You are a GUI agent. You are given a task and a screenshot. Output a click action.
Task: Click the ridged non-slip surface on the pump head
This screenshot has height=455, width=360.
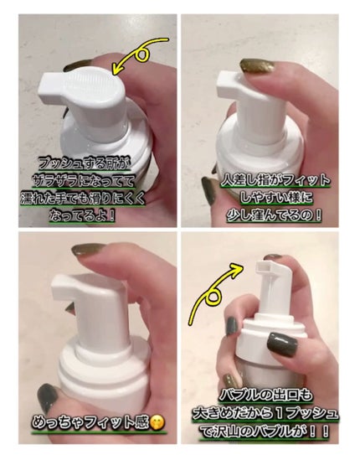89,83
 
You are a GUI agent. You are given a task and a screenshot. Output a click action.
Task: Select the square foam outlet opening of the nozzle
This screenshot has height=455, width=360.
264,266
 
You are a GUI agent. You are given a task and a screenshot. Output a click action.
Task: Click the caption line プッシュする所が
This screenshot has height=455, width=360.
83,164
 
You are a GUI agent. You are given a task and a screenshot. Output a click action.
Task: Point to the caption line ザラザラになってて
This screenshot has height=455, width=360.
84,181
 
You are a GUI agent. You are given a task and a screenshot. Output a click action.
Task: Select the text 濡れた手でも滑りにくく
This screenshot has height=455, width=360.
83,199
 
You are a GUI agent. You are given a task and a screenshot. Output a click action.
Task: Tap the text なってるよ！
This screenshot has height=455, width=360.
83,215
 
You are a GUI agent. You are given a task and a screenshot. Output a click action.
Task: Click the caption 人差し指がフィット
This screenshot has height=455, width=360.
275,181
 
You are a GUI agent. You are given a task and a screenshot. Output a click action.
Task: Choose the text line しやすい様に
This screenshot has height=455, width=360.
276,198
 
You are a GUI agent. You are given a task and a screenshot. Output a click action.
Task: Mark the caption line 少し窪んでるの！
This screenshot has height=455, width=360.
274,215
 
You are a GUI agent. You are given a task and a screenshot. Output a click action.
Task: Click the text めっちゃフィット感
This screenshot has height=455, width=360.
90,423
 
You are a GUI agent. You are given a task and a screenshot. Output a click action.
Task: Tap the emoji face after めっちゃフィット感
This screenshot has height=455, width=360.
157,423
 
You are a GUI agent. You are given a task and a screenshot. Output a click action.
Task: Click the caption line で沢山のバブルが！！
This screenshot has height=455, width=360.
265,432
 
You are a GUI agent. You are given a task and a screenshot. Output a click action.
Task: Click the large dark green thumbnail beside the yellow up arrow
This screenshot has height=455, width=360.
282,344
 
